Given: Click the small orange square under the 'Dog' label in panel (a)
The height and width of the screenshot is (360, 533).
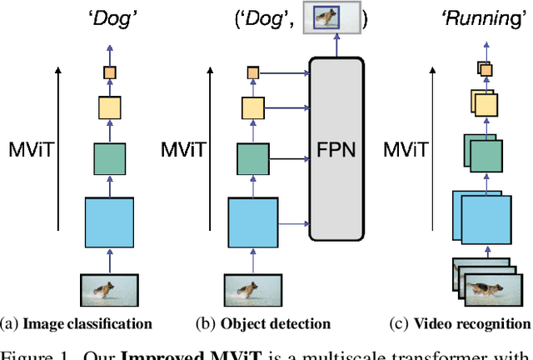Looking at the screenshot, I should [x=109, y=73].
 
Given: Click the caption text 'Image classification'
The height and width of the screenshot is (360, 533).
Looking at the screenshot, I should [x=83, y=323].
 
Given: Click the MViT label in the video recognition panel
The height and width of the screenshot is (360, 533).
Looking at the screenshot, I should [x=406, y=151].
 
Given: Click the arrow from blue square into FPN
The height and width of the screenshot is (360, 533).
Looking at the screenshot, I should [x=292, y=222].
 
